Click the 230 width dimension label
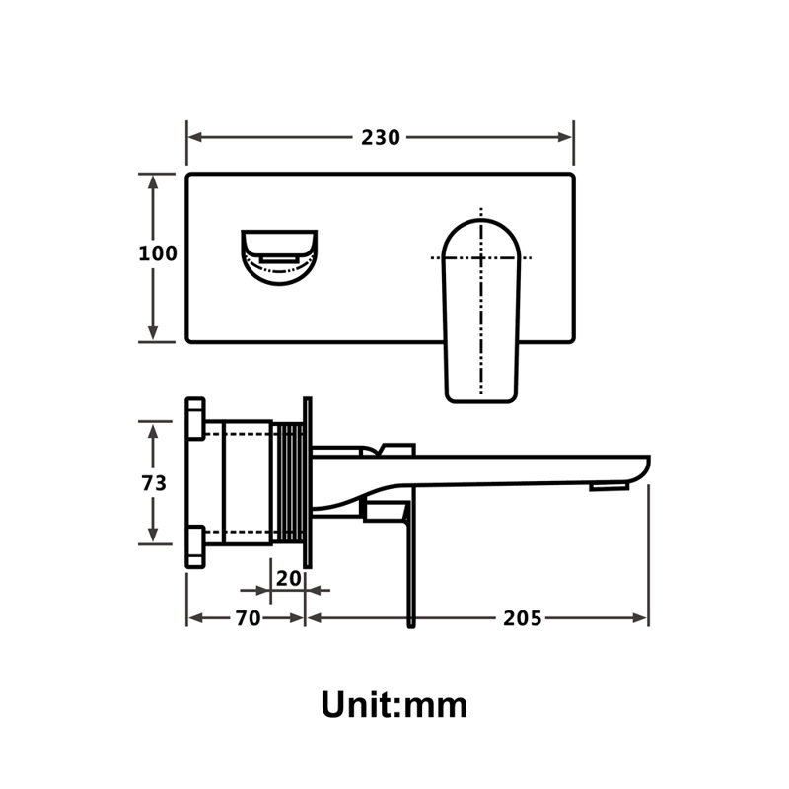(381, 137)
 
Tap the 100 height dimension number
(158, 253)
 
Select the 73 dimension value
(154, 483)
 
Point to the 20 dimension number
(288, 579)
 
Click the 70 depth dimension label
(249, 618)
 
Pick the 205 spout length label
(523, 618)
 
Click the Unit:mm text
(394, 705)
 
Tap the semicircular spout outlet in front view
(279, 257)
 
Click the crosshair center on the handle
(481, 258)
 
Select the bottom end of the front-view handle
(481, 402)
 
